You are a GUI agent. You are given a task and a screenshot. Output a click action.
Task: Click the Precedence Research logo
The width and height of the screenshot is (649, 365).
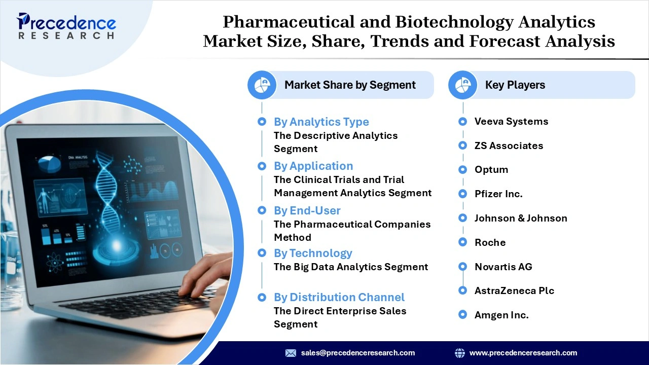[x=66, y=26]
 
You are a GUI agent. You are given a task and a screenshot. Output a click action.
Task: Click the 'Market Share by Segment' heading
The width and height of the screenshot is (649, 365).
[x=350, y=85]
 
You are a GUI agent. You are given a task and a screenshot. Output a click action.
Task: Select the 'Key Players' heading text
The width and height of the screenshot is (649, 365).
[x=515, y=85]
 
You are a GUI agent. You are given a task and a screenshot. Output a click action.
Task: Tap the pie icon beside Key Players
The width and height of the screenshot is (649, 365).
[x=462, y=85]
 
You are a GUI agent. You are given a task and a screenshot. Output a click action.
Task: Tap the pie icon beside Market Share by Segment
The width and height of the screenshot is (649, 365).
[x=262, y=85]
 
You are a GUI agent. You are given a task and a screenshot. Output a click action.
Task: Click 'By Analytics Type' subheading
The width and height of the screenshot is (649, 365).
[x=321, y=122]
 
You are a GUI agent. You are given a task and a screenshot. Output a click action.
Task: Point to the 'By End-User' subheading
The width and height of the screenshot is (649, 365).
[x=307, y=210]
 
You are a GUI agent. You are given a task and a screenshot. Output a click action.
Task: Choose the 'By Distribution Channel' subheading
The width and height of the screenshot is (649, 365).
[x=339, y=297]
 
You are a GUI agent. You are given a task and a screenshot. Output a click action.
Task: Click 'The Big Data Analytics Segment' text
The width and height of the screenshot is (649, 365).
[x=351, y=267]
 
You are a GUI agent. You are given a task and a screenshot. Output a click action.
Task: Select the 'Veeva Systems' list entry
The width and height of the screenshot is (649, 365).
[x=511, y=121]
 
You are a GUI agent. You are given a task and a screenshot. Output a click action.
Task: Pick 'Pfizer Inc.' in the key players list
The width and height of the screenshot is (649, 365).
[x=498, y=194]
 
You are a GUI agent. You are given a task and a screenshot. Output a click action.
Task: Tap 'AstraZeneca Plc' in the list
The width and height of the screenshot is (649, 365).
[x=514, y=290]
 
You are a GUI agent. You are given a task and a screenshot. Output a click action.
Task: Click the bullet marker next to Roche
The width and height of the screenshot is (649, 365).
[x=462, y=242]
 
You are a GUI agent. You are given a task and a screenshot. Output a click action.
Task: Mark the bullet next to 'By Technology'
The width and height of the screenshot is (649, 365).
[x=262, y=253]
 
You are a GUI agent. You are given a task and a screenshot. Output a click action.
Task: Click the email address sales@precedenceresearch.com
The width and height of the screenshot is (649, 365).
[x=357, y=353]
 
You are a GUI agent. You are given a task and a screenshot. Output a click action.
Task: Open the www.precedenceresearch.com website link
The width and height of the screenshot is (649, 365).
[x=523, y=353]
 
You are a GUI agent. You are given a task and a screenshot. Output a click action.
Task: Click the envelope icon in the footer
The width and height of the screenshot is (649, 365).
[x=291, y=353]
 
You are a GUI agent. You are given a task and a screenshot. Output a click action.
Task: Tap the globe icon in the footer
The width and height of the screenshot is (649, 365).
[x=460, y=353]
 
